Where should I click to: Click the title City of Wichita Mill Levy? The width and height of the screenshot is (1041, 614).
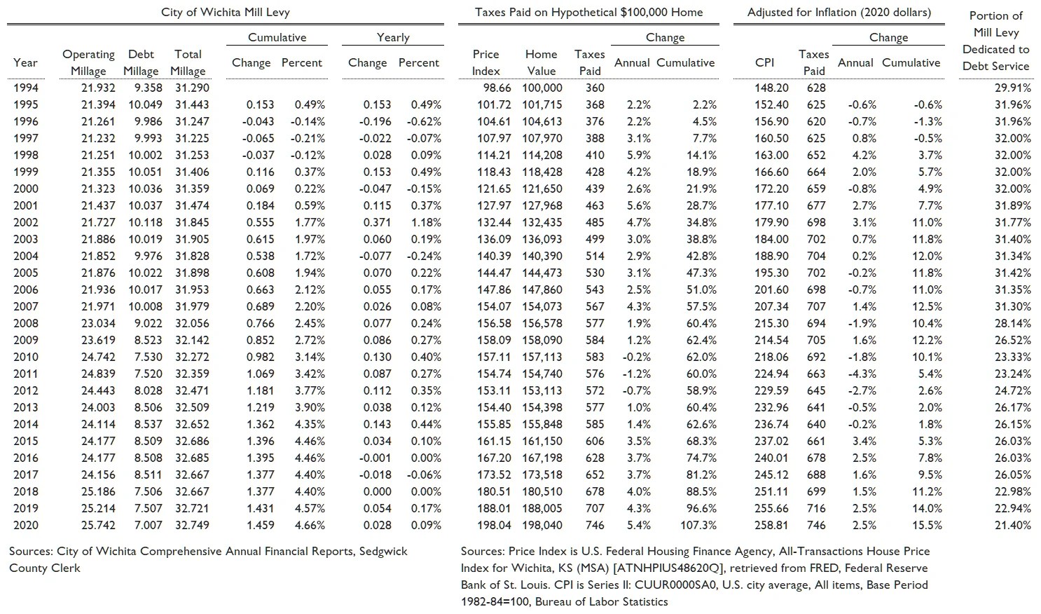click(225, 13)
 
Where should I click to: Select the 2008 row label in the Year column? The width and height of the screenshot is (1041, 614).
click(26, 323)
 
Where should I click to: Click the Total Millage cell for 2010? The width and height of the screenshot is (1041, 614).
click(190, 357)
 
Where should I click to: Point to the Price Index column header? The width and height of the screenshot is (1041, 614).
click(485, 62)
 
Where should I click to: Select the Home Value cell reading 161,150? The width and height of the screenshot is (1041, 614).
click(542, 441)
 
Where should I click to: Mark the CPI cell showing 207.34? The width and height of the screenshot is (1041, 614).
click(771, 306)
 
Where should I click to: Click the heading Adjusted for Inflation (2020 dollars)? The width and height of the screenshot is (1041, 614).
click(839, 13)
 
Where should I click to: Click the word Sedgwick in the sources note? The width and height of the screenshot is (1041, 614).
click(382, 552)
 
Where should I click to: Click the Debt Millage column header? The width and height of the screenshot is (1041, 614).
click(141, 62)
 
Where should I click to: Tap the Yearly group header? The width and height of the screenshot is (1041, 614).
click(392, 37)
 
